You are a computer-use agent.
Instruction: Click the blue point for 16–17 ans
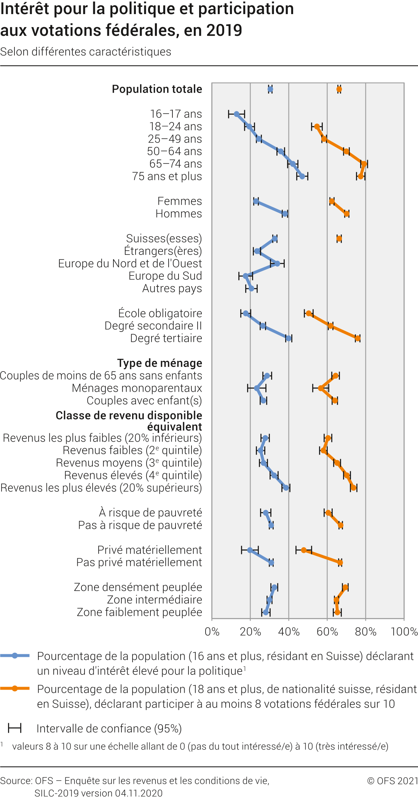click(x=236, y=114)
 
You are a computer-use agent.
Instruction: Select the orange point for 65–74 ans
click(x=364, y=164)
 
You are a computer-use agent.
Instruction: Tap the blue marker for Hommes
click(x=285, y=214)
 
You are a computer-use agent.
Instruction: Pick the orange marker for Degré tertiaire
click(x=357, y=338)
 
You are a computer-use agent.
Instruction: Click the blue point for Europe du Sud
click(x=246, y=276)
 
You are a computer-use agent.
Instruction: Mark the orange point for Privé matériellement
click(x=304, y=550)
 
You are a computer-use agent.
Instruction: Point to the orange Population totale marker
click(x=339, y=90)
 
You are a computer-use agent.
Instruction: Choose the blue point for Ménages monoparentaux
click(x=257, y=388)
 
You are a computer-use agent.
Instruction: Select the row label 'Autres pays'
click(x=172, y=288)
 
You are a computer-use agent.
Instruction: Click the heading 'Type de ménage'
click(x=160, y=363)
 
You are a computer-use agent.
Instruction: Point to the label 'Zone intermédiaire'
click(x=155, y=600)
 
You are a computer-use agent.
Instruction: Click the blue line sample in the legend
click(x=15, y=656)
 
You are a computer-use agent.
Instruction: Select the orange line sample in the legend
click(x=15, y=689)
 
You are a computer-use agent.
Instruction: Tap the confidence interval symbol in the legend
click(x=15, y=729)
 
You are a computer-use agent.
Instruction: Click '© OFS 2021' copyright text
click(x=392, y=781)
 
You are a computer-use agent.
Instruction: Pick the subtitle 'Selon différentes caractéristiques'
click(x=86, y=52)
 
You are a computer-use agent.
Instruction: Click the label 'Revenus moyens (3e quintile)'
click(x=129, y=463)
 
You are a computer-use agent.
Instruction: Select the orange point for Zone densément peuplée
click(x=345, y=588)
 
